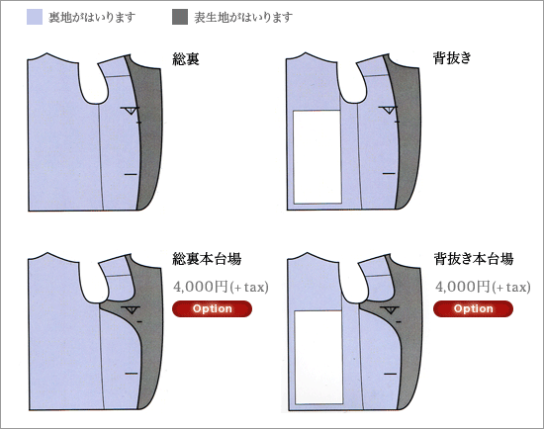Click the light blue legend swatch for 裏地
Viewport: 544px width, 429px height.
coord(35,17)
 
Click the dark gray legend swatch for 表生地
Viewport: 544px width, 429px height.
coord(180,17)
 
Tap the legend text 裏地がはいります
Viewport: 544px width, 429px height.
coord(92,18)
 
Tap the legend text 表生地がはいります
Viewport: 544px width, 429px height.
coord(243,18)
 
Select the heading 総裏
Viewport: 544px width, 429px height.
coord(186,59)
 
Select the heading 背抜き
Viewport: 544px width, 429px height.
coord(452,57)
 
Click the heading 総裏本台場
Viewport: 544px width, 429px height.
coord(207,259)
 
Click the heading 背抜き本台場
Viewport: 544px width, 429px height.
coord(474,259)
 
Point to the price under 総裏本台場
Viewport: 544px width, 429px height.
coord(221,287)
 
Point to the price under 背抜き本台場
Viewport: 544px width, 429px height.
coord(483,287)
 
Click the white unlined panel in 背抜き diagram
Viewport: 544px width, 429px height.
coord(317,157)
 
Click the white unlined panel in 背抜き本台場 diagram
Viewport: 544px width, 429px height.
coord(318,357)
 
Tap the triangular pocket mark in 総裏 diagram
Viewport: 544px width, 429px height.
coord(131,111)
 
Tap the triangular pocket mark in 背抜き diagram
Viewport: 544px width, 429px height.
coord(388,110)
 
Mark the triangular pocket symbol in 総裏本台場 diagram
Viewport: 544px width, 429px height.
coord(131,309)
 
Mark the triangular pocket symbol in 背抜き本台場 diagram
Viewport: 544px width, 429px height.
coord(390,309)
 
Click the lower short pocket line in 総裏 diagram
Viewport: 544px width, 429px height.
coord(131,174)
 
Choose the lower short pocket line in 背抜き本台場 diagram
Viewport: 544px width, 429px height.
coord(391,374)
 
